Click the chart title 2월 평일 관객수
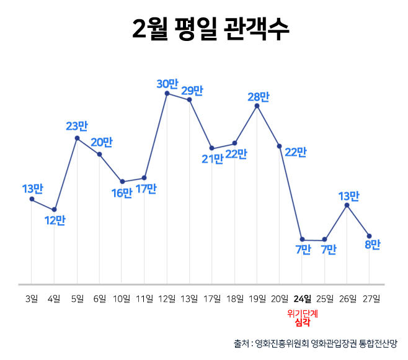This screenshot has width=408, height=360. pos(211,30)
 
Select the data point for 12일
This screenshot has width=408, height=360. pos(167,93)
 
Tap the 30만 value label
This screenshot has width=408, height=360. pos(167,83)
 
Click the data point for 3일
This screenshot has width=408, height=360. pos(32,199)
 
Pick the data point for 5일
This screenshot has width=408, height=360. pos(77,138)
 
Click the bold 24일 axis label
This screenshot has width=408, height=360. pos(303,299)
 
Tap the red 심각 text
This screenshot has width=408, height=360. pos(303,323)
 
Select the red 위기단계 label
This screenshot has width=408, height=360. pos(303,313)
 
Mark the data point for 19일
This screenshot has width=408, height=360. pos(257,106)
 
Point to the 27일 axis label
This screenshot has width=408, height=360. pos(370,299)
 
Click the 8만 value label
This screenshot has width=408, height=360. pos(372,245)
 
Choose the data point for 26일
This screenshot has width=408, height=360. pos(347,205)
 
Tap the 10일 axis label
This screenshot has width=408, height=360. pos(122,299)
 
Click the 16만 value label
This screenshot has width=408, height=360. pos(122,192)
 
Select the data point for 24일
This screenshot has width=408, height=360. pos(302,240)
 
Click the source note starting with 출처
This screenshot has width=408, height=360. pos(316,343)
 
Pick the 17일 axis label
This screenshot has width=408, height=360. pos(212,299)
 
